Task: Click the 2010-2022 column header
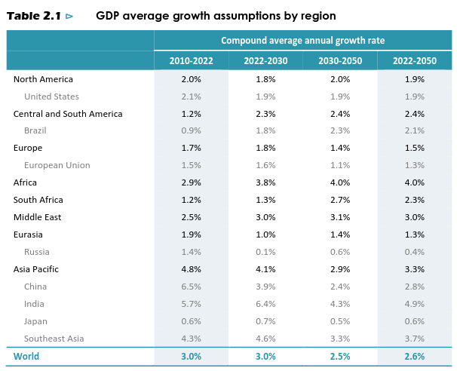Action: [191, 60]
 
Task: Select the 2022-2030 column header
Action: [265, 60]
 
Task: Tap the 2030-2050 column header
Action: [339, 60]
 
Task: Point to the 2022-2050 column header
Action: [414, 60]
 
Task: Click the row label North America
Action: [43, 79]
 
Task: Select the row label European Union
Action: [57, 165]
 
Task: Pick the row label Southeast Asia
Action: [54, 339]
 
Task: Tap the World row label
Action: [26, 357]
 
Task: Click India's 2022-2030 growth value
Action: [265, 304]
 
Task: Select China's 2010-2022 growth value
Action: [192, 287]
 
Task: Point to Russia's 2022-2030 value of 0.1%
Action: [265, 252]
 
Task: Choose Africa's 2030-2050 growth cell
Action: [340, 182]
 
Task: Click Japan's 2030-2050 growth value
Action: [340, 321]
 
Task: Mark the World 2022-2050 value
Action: [414, 357]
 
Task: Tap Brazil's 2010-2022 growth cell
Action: [192, 130]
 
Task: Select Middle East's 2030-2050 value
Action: [340, 217]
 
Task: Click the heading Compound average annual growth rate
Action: [302, 41]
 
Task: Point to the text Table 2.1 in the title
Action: [33, 16]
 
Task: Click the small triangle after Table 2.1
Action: [69, 16]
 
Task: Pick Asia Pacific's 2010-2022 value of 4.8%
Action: [192, 269]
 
